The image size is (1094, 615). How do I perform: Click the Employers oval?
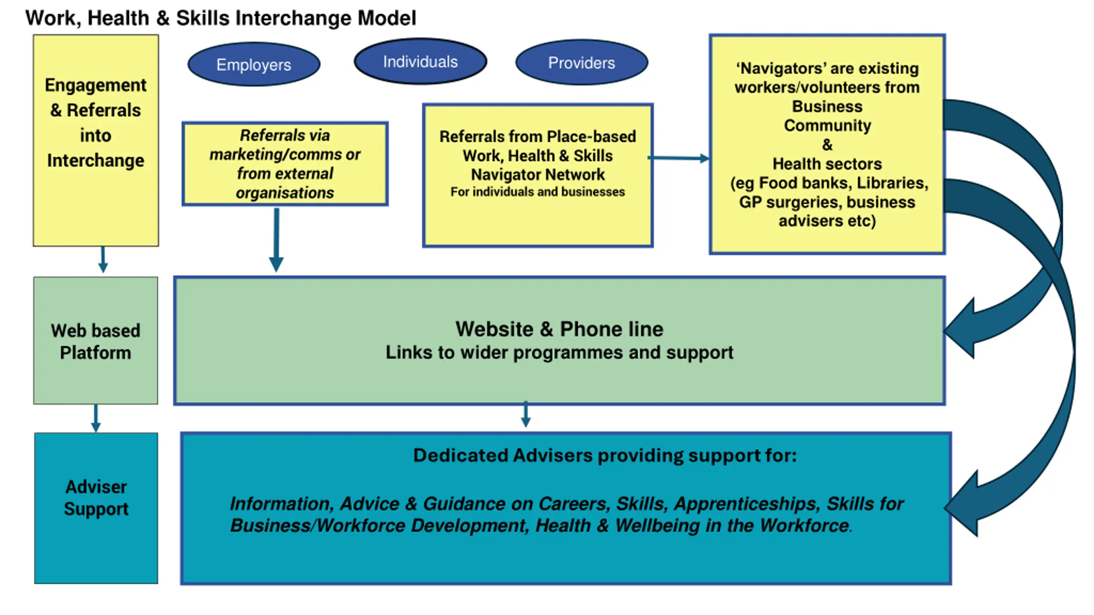(x=254, y=64)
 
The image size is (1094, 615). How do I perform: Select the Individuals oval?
(x=420, y=62)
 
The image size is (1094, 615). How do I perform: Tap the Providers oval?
(x=582, y=63)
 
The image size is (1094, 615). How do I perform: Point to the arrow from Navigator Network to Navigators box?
(x=679, y=158)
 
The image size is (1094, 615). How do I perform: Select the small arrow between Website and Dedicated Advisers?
(x=526, y=415)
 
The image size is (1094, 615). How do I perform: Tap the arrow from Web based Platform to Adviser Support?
(x=96, y=419)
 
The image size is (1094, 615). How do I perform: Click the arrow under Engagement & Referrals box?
(x=103, y=260)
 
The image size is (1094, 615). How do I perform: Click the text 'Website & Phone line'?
(x=559, y=329)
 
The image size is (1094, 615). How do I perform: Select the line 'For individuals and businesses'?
(x=538, y=192)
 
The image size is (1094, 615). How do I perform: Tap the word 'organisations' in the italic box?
(x=285, y=193)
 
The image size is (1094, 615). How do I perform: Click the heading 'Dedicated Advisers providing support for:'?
(x=605, y=456)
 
